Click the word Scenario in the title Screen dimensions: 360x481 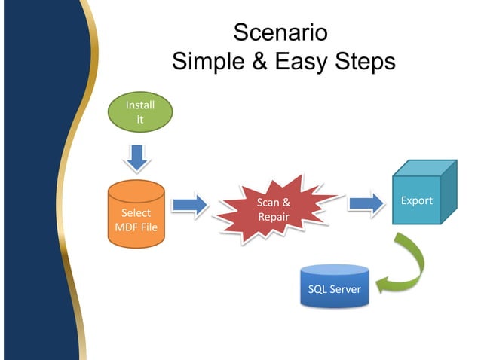pyautogui.click(x=280, y=32)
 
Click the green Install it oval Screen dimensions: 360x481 pyautogui.click(x=139, y=113)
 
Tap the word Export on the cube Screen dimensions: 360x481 pyautogui.click(x=416, y=200)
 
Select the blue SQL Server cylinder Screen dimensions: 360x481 pyautogui.click(x=335, y=286)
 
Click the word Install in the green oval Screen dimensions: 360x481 pyautogui.click(x=139, y=106)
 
